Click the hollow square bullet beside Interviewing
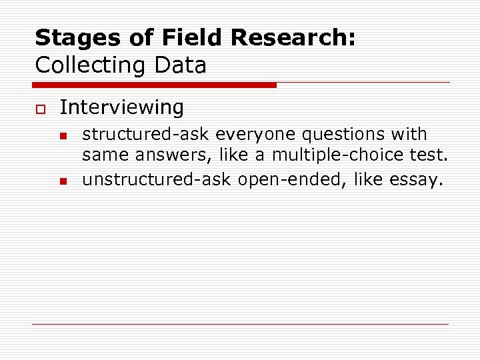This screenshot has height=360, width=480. [x=39, y=108]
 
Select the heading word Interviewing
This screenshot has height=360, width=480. [x=121, y=107]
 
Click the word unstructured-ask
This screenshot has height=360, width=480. [x=152, y=180]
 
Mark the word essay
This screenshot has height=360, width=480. [x=418, y=180]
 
